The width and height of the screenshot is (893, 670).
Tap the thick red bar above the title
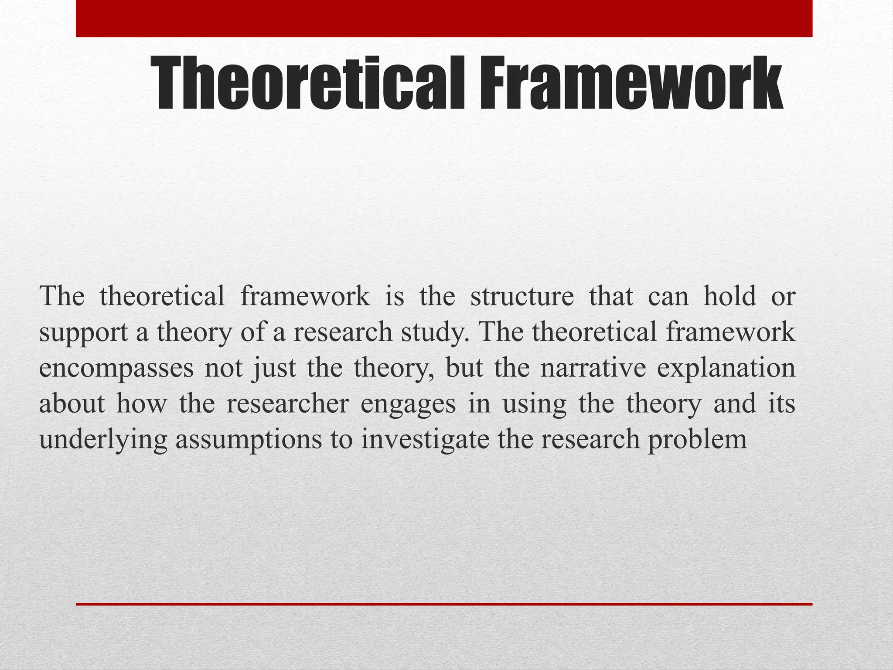(x=444, y=18)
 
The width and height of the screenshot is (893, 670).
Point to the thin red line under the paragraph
(x=444, y=604)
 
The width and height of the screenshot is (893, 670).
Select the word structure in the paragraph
(x=522, y=297)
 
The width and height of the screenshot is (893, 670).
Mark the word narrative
(x=593, y=369)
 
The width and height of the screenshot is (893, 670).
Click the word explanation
(x=726, y=369)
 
